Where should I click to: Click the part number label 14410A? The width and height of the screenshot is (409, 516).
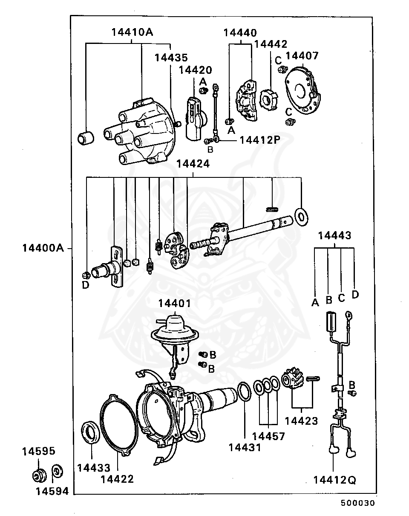[132, 32]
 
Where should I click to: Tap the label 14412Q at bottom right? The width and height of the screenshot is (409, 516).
[334, 480]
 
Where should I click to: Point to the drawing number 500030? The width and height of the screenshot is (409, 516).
[357, 503]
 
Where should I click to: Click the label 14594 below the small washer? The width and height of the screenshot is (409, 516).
[52, 491]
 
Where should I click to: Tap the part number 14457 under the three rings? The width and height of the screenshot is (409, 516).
[269, 436]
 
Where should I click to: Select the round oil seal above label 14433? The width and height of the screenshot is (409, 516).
[91, 432]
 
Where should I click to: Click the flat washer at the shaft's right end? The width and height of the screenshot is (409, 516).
[301, 217]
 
